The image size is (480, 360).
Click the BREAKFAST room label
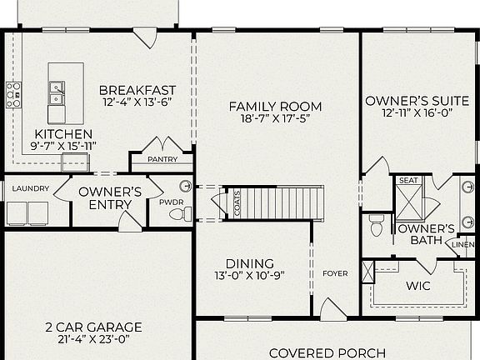point(137,90)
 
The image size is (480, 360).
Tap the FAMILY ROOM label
point(275,106)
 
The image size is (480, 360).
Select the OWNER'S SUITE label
point(410,101)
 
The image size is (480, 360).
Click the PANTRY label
point(162,158)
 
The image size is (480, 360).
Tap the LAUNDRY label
point(30,188)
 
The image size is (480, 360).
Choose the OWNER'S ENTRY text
point(110,198)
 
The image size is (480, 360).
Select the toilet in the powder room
point(177,214)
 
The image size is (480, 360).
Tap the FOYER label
point(335,272)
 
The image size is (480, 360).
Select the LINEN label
point(462,244)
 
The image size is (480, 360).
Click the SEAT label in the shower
point(408,180)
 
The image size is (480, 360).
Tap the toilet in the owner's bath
point(376,225)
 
